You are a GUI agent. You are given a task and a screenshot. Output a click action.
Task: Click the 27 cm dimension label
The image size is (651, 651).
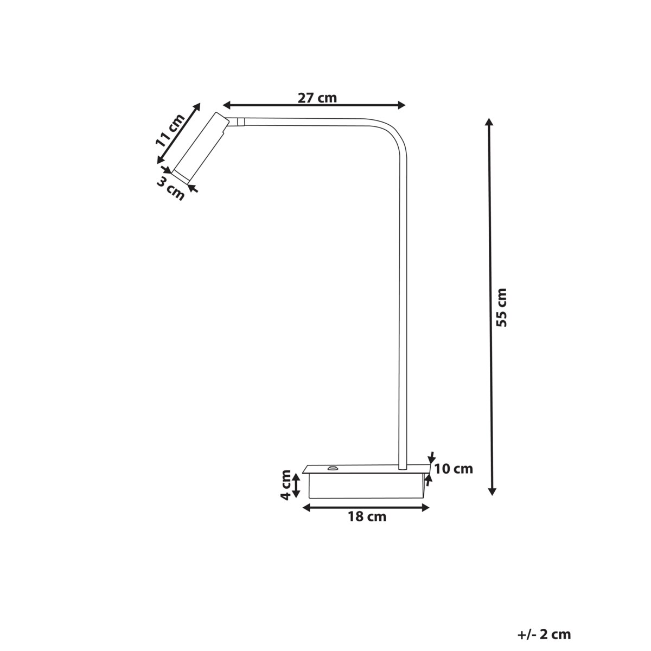tap(317, 98)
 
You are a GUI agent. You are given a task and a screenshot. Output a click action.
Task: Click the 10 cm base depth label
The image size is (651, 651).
tap(454, 469)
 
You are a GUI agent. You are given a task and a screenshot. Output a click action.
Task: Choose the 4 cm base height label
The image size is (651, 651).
tap(286, 484)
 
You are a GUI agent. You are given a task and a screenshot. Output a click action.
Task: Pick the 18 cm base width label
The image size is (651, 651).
tap(367, 516)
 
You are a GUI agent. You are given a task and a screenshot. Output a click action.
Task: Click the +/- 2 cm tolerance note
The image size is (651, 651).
tap(544, 634)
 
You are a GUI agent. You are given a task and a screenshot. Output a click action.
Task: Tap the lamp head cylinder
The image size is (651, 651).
tap(200, 146)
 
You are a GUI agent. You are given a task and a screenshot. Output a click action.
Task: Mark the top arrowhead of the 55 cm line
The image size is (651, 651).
tap(490, 123)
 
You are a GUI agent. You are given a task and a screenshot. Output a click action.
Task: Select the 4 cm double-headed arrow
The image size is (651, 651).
tap(296, 485)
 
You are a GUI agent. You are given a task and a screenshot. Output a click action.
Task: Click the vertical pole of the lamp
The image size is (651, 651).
tap(402, 304)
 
